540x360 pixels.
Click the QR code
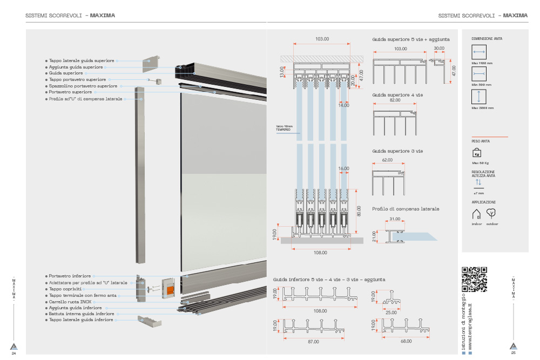click(x=475, y=280)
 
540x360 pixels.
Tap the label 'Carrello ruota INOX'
click(x=67, y=302)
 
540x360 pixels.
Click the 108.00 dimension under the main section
click(x=320, y=252)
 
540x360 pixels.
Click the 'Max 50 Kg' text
click(x=480, y=162)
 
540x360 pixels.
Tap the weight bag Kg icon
click(x=477, y=153)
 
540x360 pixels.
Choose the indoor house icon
click(x=476, y=214)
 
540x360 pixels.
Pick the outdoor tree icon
click(x=491, y=213)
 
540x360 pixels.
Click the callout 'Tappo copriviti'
click(x=64, y=289)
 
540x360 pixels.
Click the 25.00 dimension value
click(x=391, y=312)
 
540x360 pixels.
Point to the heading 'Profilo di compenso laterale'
click(x=406, y=208)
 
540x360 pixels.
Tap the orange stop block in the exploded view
click(x=170, y=290)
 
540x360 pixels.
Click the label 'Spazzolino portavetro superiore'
click(x=83, y=86)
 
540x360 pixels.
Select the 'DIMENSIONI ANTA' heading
click(x=487, y=39)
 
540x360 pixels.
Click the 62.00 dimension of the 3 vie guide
click(x=387, y=160)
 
